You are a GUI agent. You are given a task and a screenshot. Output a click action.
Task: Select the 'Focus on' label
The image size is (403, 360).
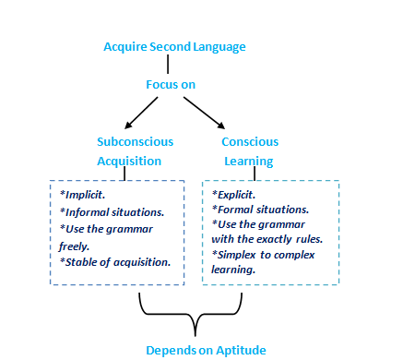[x=170, y=85]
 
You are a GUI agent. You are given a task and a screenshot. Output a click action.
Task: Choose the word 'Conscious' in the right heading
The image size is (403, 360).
[x=251, y=141]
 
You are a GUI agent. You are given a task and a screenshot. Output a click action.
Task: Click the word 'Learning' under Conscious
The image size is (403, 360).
[x=251, y=160]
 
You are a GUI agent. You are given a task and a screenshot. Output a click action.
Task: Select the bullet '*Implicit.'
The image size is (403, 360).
[x=84, y=196]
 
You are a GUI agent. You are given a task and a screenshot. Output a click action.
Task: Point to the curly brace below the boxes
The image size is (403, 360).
[x=196, y=318]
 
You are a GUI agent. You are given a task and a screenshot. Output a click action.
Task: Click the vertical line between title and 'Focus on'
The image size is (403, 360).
[x=168, y=65]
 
